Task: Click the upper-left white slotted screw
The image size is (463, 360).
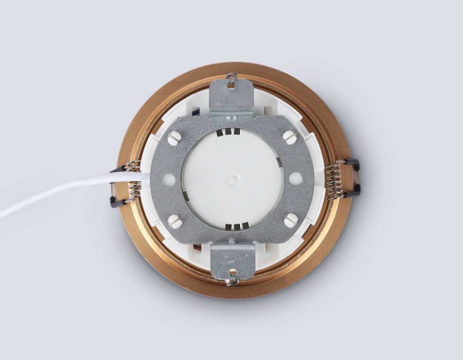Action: [175, 138]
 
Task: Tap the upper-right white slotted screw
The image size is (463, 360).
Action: [289, 137]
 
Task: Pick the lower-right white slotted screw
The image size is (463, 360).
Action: [289, 220]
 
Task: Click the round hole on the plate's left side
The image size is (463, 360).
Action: [167, 179]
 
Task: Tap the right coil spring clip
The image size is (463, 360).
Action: [338, 180]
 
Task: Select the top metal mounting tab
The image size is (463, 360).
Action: [232, 96]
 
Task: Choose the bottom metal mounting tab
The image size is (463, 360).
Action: [232, 260]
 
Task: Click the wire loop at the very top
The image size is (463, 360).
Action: [232, 76]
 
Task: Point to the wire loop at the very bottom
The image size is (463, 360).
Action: [232, 279]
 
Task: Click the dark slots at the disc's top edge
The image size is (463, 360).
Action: [232, 133]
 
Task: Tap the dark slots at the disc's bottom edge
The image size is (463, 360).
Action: [232, 225]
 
